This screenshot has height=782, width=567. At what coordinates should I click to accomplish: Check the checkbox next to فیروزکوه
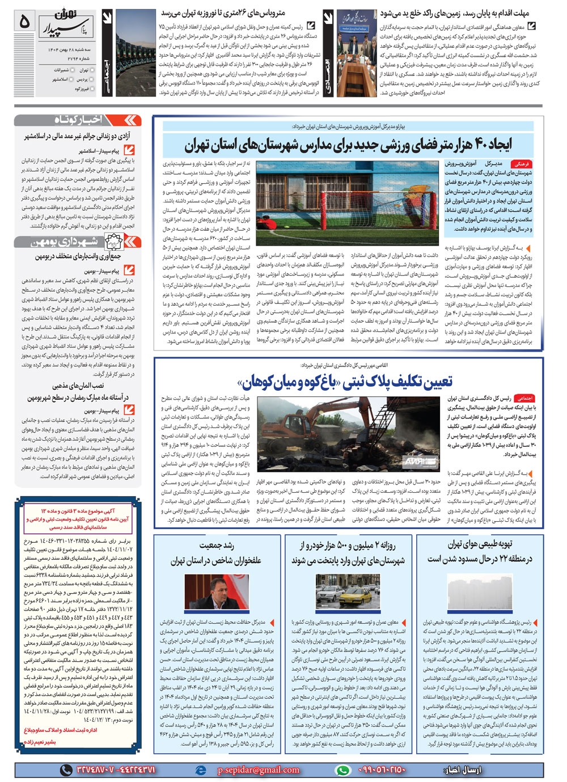(93, 89)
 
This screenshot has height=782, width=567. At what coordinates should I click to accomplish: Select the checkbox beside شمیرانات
(72, 70)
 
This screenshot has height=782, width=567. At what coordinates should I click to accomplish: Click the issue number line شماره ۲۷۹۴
(84, 58)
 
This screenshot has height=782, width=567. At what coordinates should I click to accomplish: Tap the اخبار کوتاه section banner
(78, 120)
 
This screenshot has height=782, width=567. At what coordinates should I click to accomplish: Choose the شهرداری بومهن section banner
(78, 241)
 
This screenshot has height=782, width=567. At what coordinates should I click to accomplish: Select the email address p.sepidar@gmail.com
(259, 770)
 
